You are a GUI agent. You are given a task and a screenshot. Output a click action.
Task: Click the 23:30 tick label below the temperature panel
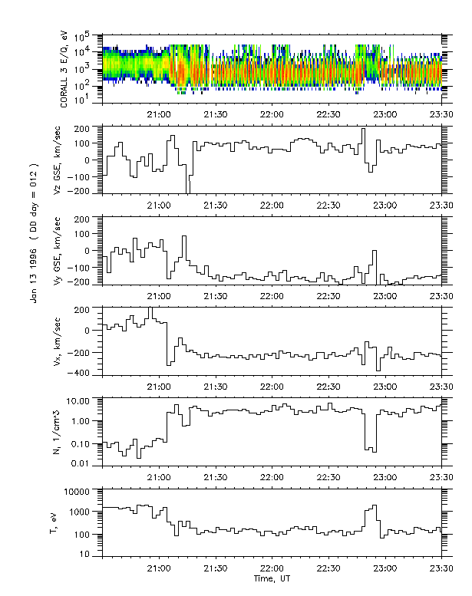click(x=441, y=568)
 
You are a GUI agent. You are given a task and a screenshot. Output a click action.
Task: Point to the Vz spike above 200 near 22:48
click(x=363, y=130)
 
